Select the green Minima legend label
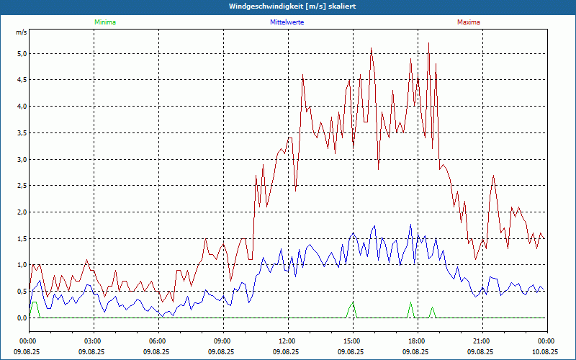(104, 22)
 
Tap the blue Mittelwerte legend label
(287, 22)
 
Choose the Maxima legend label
(468, 22)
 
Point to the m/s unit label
(21, 33)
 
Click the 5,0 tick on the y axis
(22, 53)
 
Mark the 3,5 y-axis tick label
(22, 132)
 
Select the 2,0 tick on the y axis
(22, 212)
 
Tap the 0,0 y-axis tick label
(22, 318)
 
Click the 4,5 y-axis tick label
(22, 80)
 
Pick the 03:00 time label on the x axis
(93, 341)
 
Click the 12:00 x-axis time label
(287, 341)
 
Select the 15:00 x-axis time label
(351, 341)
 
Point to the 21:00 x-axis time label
(481, 341)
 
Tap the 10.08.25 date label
(545, 351)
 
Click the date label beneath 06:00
(157, 351)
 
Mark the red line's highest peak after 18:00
(428, 43)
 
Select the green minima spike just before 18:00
(410, 304)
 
